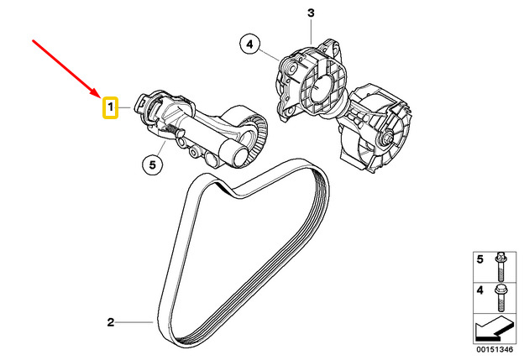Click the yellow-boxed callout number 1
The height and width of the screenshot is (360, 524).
click(x=110, y=107)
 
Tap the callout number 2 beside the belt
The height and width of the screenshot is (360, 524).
click(x=111, y=322)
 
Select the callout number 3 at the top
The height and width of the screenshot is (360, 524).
click(x=311, y=13)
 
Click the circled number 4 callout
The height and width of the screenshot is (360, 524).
click(x=250, y=44)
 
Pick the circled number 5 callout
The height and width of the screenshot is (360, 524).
click(x=152, y=164)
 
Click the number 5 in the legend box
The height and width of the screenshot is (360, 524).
click(x=479, y=259)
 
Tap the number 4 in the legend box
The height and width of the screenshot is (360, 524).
click(x=479, y=290)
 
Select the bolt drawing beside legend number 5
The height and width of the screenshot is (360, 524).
click(x=500, y=267)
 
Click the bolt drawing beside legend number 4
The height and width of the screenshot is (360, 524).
click(x=500, y=298)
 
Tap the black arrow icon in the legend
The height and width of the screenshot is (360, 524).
click(x=494, y=329)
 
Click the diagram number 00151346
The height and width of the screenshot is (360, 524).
click(x=495, y=350)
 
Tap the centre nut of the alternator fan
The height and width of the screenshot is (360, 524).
click(x=388, y=138)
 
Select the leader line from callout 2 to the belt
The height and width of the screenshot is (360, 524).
click(x=134, y=322)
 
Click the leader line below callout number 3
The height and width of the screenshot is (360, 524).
click(x=311, y=31)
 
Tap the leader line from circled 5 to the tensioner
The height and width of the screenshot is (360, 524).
click(x=162, y=148)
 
